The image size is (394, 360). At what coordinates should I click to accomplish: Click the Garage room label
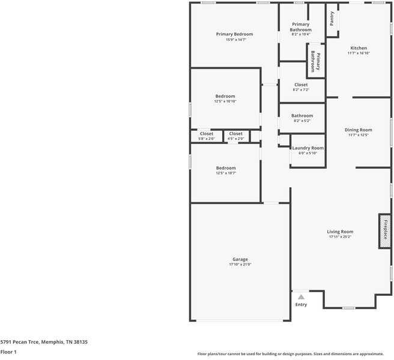[240, 259]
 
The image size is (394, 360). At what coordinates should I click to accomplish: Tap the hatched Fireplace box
[384, 231]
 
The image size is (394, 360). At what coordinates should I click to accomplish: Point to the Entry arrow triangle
[301, 296]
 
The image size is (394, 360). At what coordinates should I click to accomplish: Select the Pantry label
[332, 19]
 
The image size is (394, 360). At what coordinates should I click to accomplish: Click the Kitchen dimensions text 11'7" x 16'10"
[359, 53]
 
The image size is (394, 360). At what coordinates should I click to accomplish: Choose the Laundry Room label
[308, 148]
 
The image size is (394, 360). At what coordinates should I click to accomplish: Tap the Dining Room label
[359, 130]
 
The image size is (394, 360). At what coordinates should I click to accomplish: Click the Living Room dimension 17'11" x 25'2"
[340, 237]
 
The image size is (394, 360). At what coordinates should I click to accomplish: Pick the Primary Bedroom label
[234, 34]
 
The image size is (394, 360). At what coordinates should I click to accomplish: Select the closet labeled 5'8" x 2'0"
[207, 139]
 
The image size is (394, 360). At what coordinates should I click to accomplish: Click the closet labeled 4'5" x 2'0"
[236, 139]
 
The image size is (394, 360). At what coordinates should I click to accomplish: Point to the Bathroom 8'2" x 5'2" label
[302, 121]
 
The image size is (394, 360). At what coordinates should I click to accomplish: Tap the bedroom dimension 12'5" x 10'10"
[225, 101]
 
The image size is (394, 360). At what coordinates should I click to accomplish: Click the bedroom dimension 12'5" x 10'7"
[226, 173]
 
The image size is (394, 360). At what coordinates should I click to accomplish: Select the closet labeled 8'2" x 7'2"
[301, 90]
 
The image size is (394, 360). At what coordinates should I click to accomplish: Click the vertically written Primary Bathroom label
[315, 61]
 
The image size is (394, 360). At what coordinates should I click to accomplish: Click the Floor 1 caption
[8, 352]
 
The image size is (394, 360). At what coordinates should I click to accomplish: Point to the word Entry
[301, 305]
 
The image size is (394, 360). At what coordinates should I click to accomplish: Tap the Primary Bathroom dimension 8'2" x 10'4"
[301, 34]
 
